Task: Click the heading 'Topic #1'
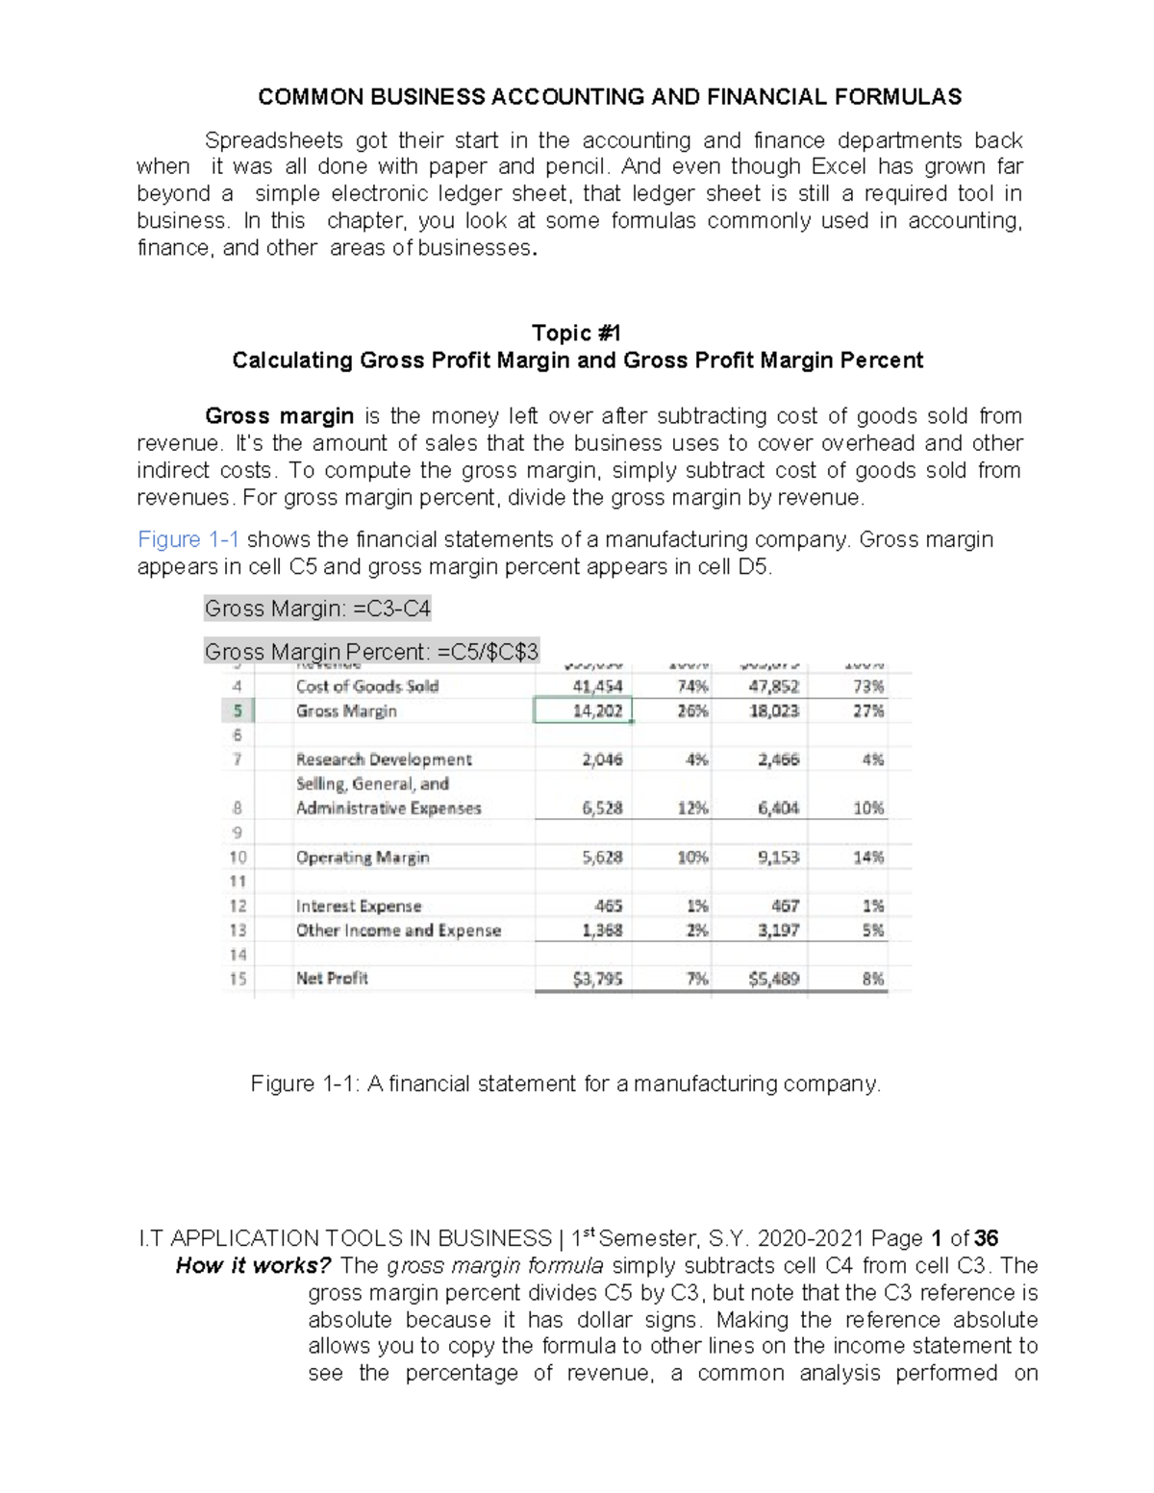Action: [x=576, y=333]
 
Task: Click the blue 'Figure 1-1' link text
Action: [x=188, y=539]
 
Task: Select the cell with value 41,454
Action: [x=597, y=686]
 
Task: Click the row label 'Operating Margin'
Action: [x=363, y=858]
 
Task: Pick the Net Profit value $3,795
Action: [x=597, y=979]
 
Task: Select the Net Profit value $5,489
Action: [x=773, y=979]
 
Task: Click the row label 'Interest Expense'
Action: [x=359, y=906]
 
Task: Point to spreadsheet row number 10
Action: [x=238, y=858]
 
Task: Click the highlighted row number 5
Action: [x=238, y=711]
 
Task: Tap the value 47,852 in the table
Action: [x=773, y=686]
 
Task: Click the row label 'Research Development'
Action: [x=384, y=759]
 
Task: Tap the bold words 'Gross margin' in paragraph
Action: [x=279, y=416]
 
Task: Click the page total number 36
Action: [x=986, y=1238]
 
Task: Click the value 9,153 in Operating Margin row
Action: [x=778, y=858]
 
